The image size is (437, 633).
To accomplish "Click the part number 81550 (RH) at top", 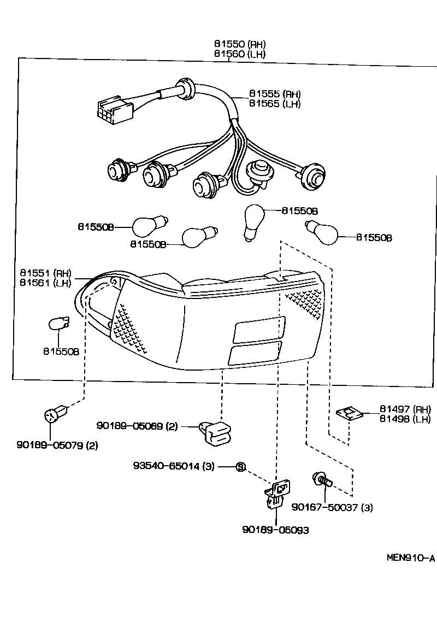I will tap(240, 44).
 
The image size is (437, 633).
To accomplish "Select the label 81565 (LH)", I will tap(275, 104).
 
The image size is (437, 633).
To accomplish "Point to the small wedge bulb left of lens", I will tap(58, 323).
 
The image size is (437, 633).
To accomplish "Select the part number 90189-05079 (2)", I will tap(57, 445).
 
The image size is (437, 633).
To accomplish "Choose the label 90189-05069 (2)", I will tap(137, 426).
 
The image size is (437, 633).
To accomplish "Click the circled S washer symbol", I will tap(240, 466).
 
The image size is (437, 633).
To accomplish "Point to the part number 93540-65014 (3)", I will tap(174, 466).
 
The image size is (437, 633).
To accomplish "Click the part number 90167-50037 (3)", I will tap(332, 507).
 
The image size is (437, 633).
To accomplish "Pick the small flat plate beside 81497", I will tap(350, 414).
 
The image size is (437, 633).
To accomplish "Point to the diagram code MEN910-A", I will tap(410, 558).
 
